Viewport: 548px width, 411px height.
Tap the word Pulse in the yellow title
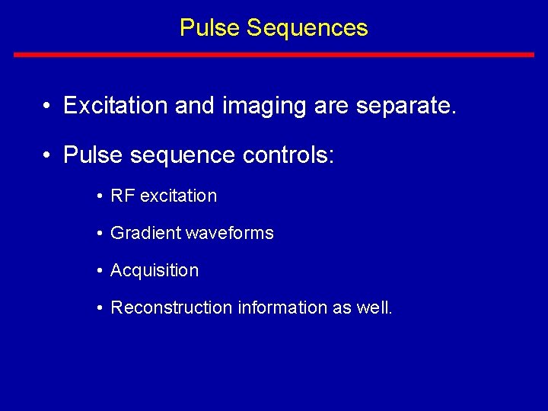pyautogui.click(x=210, y=28)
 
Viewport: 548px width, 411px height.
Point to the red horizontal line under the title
pyautogui.click(x=274, y=55)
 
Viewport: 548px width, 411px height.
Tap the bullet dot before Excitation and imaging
pyautogui.click(x=47, y=106)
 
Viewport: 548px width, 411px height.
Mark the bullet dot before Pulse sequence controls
pyautogui.click(x=47, y=155)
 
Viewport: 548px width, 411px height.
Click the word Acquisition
pyautogui.click(x=155, y=270)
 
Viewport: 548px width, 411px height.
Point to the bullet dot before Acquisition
pyautogui.click(x=100, y=271)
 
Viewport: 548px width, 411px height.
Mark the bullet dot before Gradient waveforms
pyautogui.click(x=100, y=234)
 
